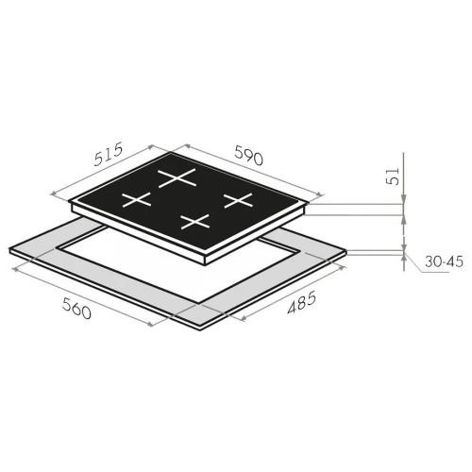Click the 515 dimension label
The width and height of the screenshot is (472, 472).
tap(108, 154)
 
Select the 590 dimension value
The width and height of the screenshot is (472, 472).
tap(248, 155)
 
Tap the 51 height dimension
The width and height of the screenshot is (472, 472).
tap(393, 177)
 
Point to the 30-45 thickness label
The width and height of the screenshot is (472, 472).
tap(444, 261)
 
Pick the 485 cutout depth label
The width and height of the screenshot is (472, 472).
tap(301, 303)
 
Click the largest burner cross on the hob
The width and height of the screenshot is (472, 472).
tap(177, 178)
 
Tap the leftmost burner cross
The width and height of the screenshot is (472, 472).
tap(137, 200)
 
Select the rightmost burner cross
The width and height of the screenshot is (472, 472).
tap(238, 200)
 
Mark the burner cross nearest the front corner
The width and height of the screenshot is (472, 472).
tap(195, 221)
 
